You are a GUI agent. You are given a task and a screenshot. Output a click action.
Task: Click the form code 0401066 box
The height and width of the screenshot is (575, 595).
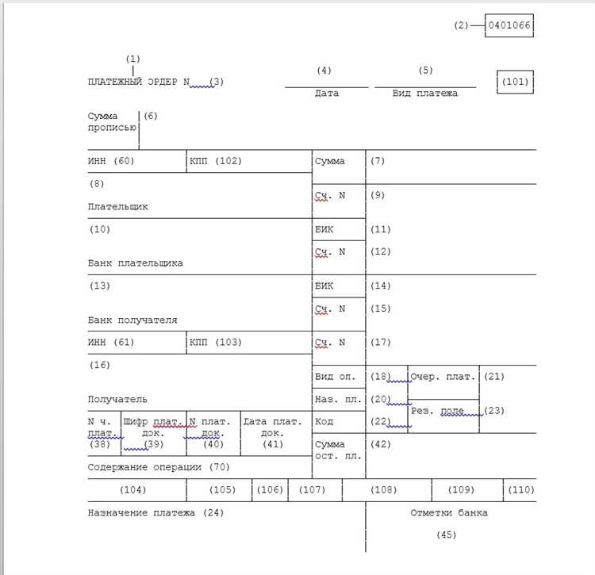pyautogui.click(x=510, y=25)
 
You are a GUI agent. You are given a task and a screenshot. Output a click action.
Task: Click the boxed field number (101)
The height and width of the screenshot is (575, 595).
pyautogui.click(x=514, y=82)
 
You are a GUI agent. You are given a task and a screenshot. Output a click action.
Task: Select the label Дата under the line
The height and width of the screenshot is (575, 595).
pyautogui.click(x=326, y=94)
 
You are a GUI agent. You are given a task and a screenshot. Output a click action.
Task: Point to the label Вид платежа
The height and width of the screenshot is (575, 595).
pyautogui.click(x=425, y=94)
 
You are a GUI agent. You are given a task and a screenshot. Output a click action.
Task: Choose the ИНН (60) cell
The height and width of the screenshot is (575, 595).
pyautogui.click(x=112, y=161)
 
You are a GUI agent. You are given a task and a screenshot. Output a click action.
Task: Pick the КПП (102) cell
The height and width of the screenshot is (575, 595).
pyautogui.click(x=216, y=161)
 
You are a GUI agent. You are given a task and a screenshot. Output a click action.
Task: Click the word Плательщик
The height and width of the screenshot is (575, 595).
pyautogui.click(x=118, y=206)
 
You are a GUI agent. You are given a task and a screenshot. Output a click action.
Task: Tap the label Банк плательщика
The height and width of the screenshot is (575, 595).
pyautogui.click(x=136, y=263)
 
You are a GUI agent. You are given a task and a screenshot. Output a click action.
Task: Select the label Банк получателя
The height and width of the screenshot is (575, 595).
pyautogui.click(x=132, y=320)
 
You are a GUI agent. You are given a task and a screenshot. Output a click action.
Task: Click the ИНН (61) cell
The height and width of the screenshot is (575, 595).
pyautogui.click(x=112, y=343)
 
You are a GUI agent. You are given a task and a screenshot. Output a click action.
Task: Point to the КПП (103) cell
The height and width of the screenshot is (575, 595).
pyautogui.click(x=216, y=343)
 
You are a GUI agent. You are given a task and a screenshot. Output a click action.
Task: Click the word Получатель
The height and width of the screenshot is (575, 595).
pyautogui.click(x=117, y=400)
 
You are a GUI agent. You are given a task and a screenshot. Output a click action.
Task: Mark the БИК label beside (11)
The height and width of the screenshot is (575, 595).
pyautogui.click(x=325, y=229)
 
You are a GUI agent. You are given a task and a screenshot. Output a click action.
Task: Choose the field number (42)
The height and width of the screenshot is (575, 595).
pyautogui.click(x=381, y=444)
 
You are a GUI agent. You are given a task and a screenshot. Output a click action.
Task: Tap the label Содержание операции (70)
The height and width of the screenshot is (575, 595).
pyautogui.click(x=158, y=467)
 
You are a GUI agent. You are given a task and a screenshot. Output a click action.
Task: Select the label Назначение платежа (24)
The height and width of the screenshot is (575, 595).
pyautogui.click(x=155, y=513)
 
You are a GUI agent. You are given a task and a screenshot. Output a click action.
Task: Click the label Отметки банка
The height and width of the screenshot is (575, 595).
pyautogui.click(x=449, y=513)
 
